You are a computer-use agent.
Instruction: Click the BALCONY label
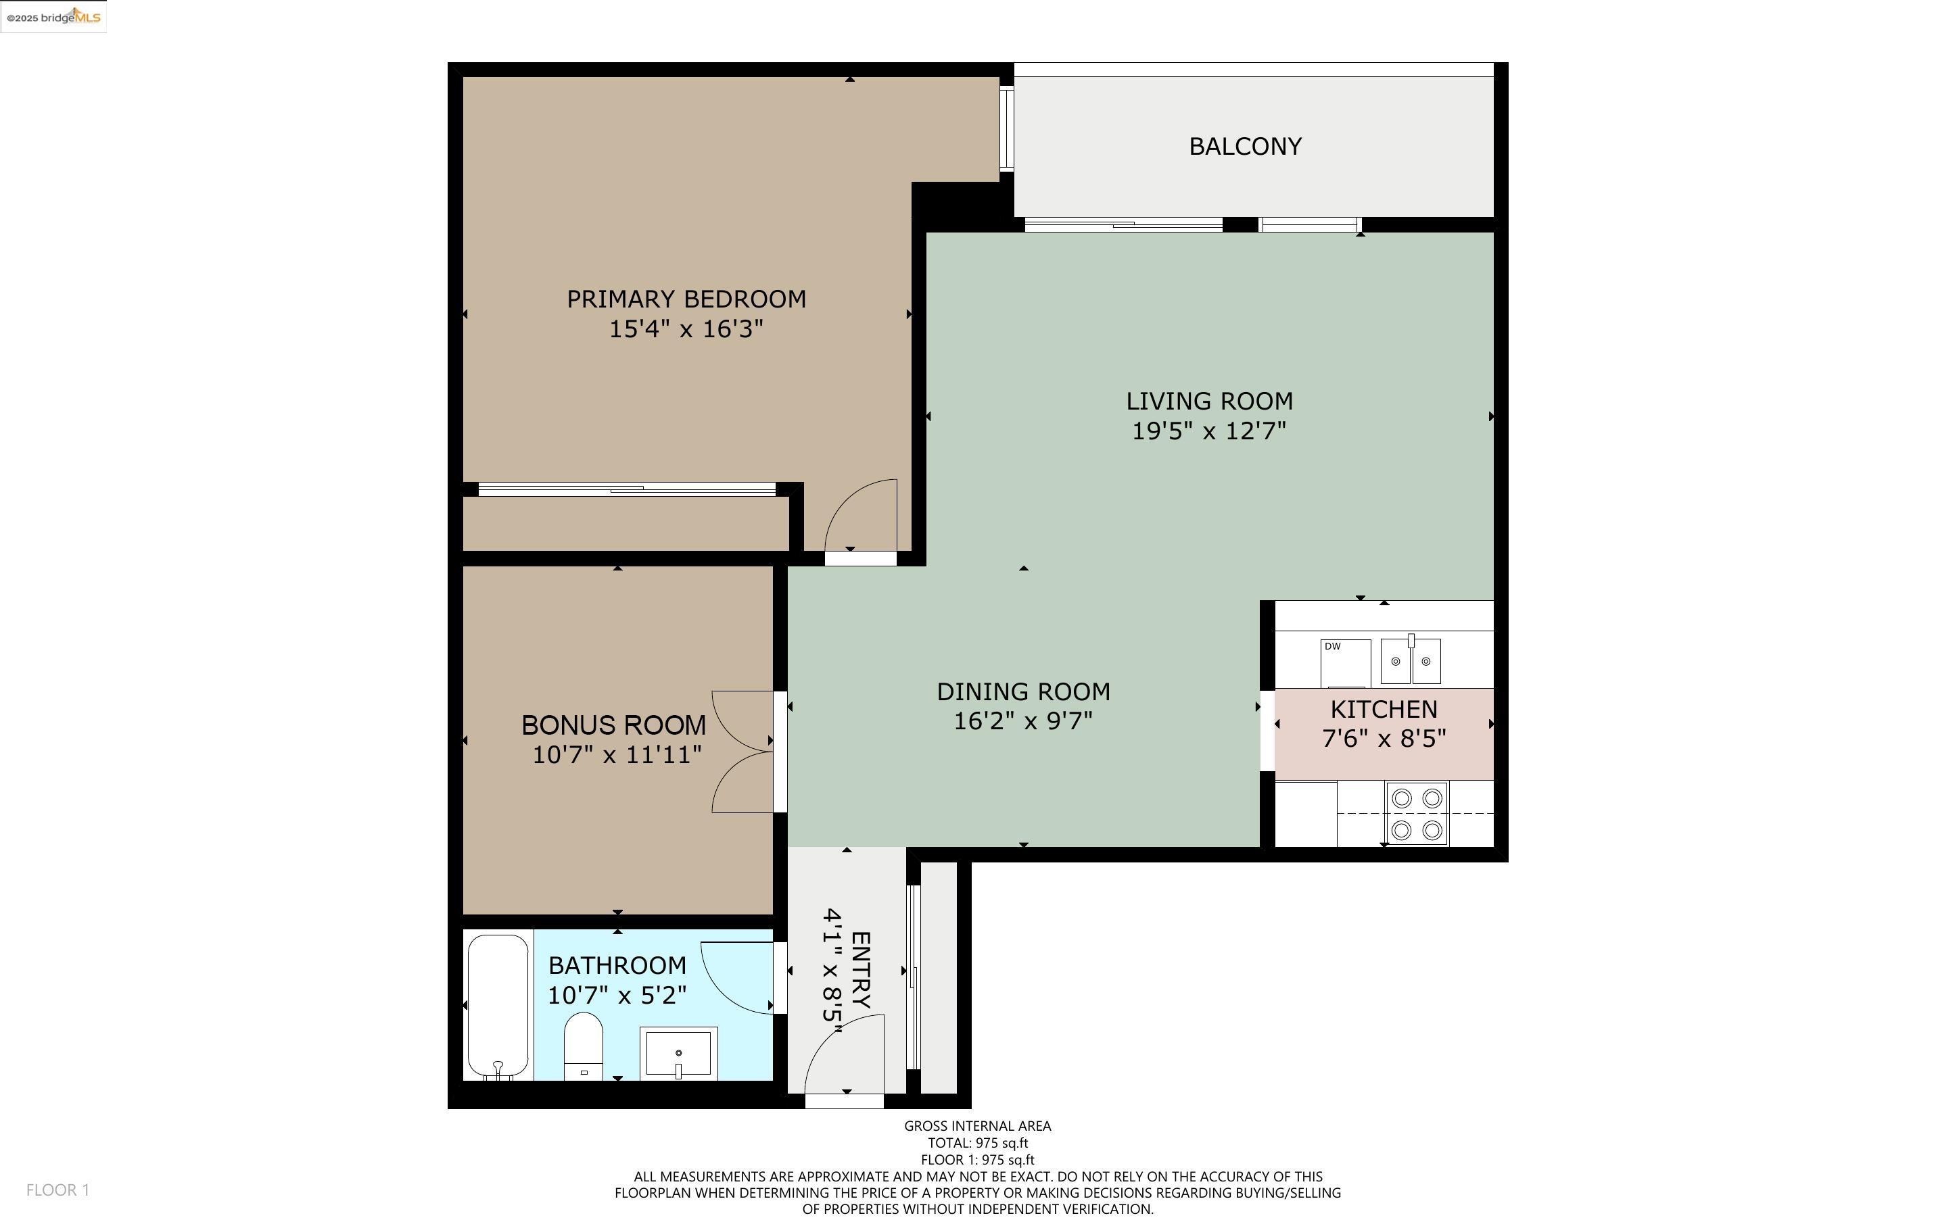(x=1245, y=146)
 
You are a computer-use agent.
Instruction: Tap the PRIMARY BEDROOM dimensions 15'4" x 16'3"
(x=686, y=329)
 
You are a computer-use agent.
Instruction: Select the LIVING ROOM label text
(x=1208, y=401)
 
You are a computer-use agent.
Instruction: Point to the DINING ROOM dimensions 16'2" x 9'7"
(x=1022, y=720)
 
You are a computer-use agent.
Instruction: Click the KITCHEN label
(x=1383, y=709)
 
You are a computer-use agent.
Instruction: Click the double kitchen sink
(x=1411, y=660)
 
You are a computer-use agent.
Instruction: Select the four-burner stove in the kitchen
(x=1416, y=813)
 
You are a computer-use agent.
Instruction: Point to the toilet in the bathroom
(x=584, y=1045)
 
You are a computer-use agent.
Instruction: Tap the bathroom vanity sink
(x=678, y=1053)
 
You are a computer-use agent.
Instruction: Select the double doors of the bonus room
(x=742, y=752)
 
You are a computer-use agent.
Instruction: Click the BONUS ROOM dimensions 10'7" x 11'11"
(x=616, y=755)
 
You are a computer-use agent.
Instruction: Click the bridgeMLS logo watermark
(x=53, y=17)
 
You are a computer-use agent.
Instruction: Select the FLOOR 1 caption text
(x=57, y=1190)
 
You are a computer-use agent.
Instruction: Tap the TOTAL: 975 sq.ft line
(x=977, y=1143)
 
